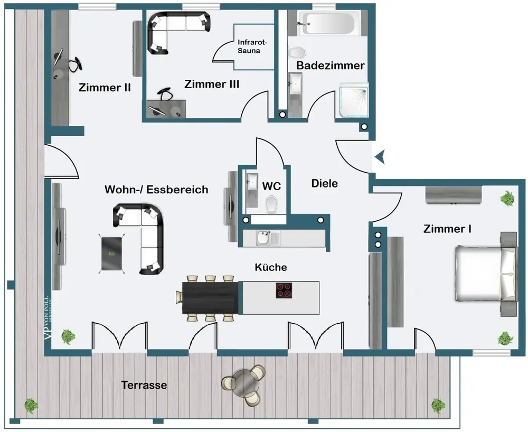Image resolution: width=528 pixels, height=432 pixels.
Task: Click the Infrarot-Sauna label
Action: pos(253,46)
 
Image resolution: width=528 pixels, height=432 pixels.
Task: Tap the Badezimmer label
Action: pos(330,66)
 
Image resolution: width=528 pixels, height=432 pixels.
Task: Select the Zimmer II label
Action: pos(105,88)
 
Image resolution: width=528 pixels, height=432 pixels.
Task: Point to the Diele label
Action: pos(324,184)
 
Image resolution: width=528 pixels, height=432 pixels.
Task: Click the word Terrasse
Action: pos(144,385)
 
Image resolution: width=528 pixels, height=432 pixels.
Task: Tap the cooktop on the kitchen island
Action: pos(284,290)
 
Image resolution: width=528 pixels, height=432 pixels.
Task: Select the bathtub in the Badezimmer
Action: pos(328,24)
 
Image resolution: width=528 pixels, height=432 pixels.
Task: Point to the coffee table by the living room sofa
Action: pos(112,254)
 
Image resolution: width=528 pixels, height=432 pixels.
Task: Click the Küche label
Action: pos(271,267)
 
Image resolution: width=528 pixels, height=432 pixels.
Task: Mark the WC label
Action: pos(271,186)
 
